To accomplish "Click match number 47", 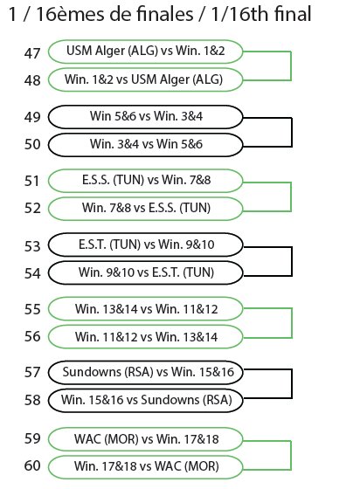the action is (32, 53).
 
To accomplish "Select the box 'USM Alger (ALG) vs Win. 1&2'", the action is (145, 52).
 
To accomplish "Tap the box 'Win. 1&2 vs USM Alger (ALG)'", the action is (145, 79).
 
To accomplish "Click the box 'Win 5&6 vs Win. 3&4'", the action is (145, 117).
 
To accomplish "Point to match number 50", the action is (32, 144).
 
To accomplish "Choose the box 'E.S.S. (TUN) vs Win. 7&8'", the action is (145, 181).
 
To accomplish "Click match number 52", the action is (32, 209).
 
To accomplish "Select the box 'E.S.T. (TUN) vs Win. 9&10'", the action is (145, 244).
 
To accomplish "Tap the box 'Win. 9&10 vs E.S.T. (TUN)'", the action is (145, 272).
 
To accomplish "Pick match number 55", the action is (32, 309).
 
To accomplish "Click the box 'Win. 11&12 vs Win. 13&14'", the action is (145, 337).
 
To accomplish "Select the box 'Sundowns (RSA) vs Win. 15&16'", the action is (145, 372).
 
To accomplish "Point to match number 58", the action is (32, 400).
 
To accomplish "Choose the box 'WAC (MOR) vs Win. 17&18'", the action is (145, 439).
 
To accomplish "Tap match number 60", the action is (32, 466).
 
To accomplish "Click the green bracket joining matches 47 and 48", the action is (291, 66).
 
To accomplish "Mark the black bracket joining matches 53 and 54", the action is (291, 261).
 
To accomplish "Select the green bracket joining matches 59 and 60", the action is (291, 455).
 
